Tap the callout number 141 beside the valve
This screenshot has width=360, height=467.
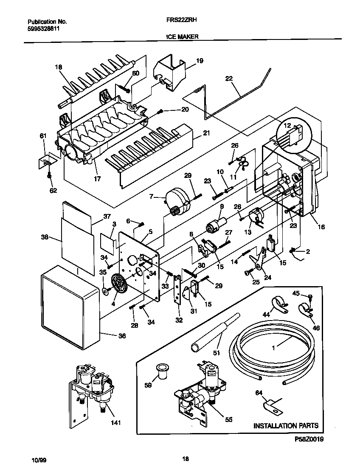(116, 422)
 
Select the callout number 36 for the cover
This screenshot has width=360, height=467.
(122, 335)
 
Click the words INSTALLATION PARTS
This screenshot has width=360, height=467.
(285, 425)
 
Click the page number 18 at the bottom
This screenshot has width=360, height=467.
(185, 459)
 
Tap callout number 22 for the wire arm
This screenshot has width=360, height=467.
(229, 78)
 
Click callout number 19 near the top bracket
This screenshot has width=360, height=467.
(200, 61)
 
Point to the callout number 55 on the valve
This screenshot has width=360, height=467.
(228, 419)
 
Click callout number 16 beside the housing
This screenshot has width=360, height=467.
(321, 227)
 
